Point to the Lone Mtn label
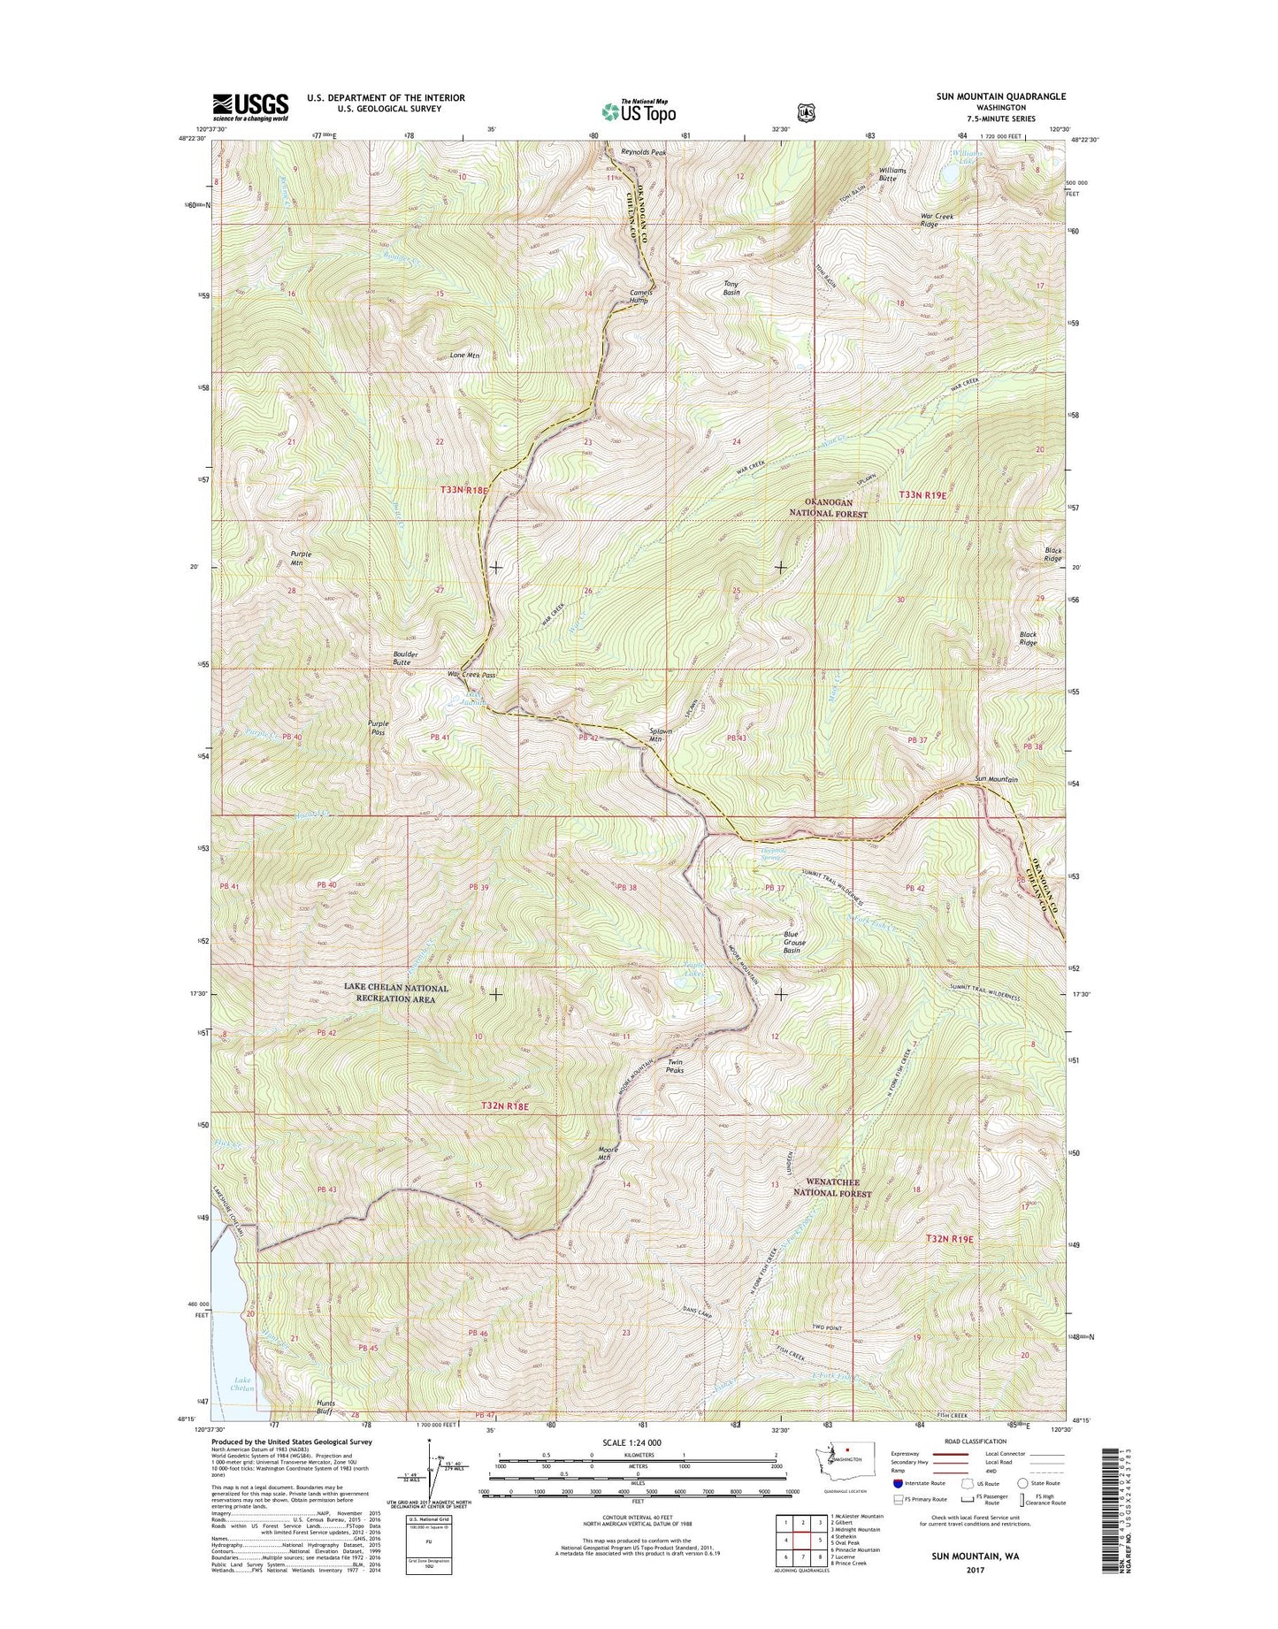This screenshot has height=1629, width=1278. pos(464,356)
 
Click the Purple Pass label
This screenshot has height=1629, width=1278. pos(378,728)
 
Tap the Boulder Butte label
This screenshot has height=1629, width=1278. pos(405,658)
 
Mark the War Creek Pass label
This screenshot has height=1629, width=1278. pos(471,675)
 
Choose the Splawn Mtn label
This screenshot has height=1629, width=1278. pos(662,735)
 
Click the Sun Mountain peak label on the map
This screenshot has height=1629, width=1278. pos(996,779)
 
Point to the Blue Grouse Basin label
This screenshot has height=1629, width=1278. pos(792,942)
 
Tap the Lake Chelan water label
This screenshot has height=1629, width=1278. pos(242,1384)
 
